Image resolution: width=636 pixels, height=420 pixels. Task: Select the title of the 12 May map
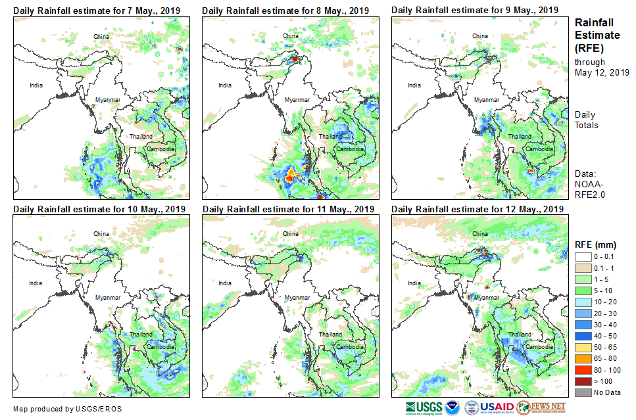(x=477, y=208)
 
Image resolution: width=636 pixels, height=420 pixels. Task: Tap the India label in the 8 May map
(x=225, y=85)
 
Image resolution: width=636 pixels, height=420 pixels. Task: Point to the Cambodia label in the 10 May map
(x=161, y=346)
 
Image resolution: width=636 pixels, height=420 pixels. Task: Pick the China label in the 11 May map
(x=291, y=233)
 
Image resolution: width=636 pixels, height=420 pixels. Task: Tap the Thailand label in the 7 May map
(x=141, y=137)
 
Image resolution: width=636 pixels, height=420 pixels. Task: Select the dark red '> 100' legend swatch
(x=583, y=381)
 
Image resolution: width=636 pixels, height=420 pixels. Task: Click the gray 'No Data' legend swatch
(x=583, y=392)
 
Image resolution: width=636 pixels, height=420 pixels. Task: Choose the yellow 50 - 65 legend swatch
(x=583, y=347)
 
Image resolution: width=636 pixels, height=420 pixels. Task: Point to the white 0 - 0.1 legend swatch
(x=583, y=256)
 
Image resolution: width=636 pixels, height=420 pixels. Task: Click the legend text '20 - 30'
(x=605, y=314)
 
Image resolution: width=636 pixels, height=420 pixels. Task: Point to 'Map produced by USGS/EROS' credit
(x=67, y=409)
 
